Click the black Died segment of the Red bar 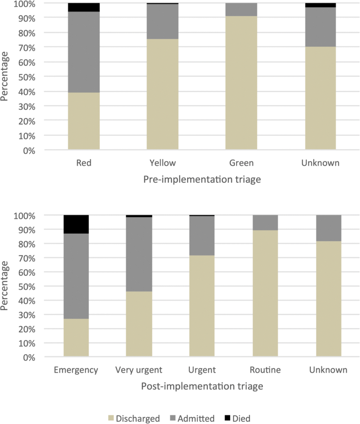click(84, 7)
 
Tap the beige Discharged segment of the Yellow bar click(162, 94)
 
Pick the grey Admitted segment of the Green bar click(241, 10)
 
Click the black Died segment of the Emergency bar click(76, 224)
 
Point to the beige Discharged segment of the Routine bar click(265, 293)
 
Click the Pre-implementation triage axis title click(202, 180)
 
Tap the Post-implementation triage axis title click(202, 386)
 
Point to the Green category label click(241, 162)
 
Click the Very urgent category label click(139, 370)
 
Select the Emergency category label click(76, 370)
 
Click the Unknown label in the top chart click(321, 162)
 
